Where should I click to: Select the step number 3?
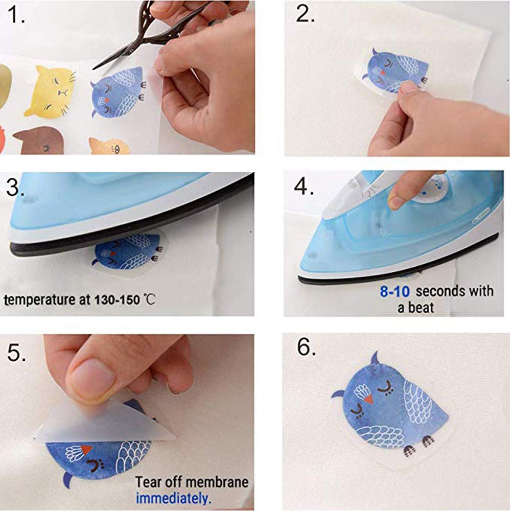16,188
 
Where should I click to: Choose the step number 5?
16,352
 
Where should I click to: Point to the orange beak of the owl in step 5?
87,449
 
